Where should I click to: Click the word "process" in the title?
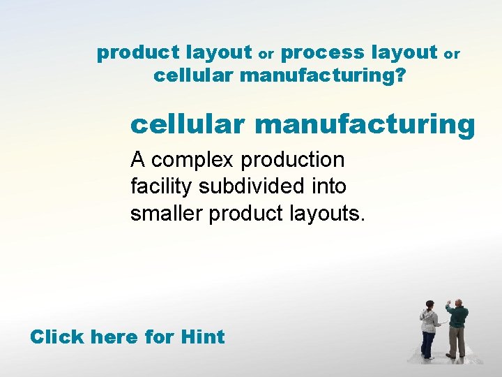[x=324, y=52]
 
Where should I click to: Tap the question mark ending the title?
[x=400, y=75]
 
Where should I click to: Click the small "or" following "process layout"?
[x=452, y=54]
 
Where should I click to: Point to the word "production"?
[x=293, y=161]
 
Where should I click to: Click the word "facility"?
[x=162, y=187]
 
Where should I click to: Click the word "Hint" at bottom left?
[x=202, y=337]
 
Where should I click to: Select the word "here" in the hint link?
[x=114, y=337]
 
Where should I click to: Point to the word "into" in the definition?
[x=328, y=186]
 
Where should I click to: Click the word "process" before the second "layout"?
[x=324, y=52]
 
